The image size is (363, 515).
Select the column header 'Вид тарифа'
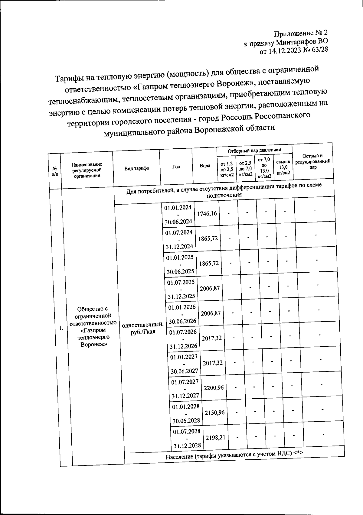click(137, 168)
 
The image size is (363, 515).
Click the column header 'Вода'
click(205, 166)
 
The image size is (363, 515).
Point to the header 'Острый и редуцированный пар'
click(313, 161)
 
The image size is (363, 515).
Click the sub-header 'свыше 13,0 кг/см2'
click(283, 167)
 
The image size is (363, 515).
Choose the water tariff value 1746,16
click(207, 213)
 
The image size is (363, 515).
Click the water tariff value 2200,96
click(214, 387)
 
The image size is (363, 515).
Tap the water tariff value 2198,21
click(215, 437)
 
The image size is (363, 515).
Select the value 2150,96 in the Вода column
click(214, 412)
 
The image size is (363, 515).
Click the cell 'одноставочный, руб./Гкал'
click(142, 329)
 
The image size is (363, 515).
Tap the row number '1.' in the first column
click(61, 329)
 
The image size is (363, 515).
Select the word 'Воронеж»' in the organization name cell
click(93, 345)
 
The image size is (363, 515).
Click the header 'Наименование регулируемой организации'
click(87, 170)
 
